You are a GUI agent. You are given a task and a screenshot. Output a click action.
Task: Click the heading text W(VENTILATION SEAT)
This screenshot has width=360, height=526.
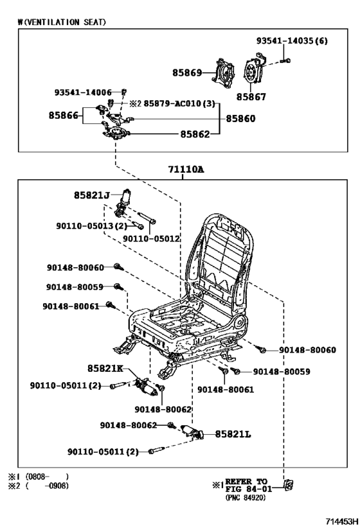pyautogui.click(x=62, y=22)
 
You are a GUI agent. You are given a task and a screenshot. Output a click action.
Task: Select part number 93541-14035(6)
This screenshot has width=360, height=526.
pyautogui.click(x=292, y=41)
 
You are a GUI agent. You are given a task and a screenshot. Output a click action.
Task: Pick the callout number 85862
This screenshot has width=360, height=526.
pyautogui.click(x=194, y=134)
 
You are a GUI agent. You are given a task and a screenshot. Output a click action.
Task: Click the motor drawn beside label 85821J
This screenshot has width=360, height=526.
pyautogui.click(x=122, y=200)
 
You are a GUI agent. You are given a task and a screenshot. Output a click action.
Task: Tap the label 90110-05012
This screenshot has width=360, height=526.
pyautogui.click(x=151, y=239)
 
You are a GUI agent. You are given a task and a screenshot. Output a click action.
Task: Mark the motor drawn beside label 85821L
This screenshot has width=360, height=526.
pyautogui.click(x=192, y=434)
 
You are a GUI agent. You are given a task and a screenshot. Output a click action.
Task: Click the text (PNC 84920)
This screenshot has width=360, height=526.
pyautogui.click(x=248, y=496)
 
